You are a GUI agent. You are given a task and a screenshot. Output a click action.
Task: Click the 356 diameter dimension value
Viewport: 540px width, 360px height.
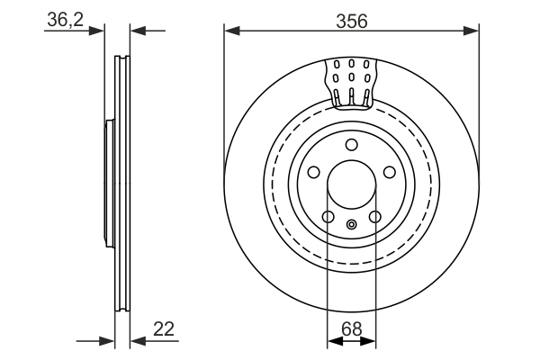[x=352, y=22]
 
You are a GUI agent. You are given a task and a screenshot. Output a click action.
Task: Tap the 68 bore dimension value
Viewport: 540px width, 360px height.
[x=352, y=329]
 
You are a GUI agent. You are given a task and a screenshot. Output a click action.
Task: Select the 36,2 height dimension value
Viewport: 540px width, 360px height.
[x=66, y=19]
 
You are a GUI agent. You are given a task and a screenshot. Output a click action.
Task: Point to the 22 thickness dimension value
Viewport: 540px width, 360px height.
[x=164, y=329]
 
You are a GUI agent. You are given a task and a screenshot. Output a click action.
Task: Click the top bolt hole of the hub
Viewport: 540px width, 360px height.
[x=352, y=145]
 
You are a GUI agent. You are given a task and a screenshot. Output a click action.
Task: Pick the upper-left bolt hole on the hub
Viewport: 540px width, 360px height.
[x=314, y=172]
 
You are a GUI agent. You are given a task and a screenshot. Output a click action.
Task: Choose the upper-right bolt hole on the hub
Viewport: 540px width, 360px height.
[x=390, y=172]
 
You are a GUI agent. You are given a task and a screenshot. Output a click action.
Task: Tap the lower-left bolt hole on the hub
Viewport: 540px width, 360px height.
[x=328, y=217]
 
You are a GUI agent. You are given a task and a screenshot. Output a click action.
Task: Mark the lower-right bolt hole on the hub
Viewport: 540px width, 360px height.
[x=375, y=217]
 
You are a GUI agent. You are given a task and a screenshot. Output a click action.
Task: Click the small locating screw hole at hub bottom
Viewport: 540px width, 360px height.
[x=352, y=225]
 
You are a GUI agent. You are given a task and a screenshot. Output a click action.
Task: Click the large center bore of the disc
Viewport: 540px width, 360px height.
[x=352, y=184]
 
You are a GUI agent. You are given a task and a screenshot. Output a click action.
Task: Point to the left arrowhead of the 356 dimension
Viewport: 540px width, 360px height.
[x=232, y=31]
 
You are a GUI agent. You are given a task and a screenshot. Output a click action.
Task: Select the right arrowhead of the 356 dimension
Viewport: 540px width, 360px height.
[x=471, y=31]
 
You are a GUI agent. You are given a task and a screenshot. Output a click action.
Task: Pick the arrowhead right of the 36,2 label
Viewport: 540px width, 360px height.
[x=96, y=31]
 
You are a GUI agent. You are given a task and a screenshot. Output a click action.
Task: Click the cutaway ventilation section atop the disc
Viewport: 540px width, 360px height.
[x=352, y=85]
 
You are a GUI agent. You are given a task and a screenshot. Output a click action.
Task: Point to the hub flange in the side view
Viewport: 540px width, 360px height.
[x=110, y=184]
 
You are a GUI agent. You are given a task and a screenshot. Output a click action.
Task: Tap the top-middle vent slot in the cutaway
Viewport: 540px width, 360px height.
[x=352, y=64]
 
